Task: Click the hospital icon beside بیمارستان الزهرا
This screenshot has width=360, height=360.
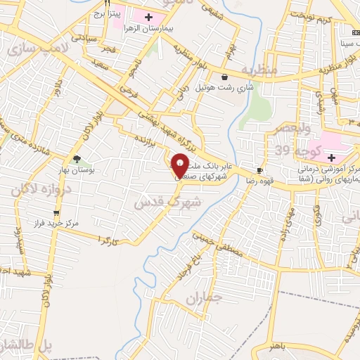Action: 148,16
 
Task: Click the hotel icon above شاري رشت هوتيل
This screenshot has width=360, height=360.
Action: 224,77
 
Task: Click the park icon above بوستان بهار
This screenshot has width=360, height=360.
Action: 77,159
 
